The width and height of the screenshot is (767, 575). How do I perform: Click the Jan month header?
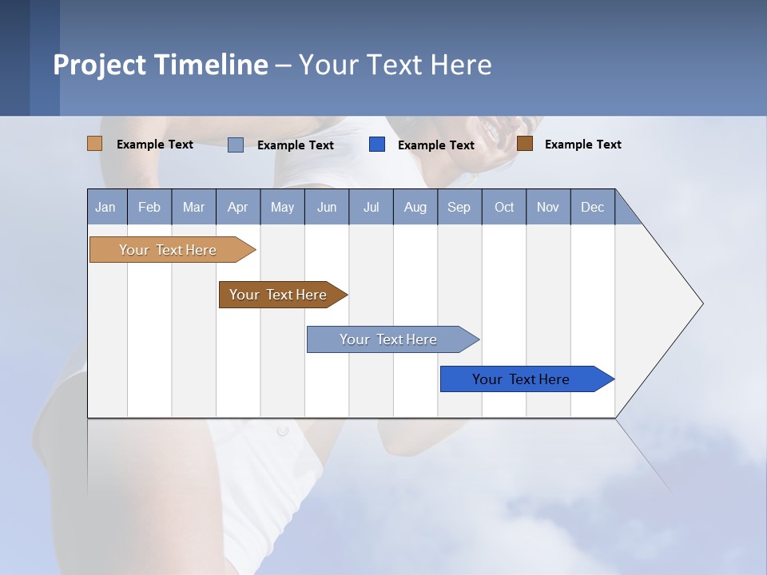pyautogui.click(x=105, y=207)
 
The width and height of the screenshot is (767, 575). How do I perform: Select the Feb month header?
pyautogui.click(x=149, y=207)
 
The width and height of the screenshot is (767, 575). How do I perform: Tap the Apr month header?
pyautogui.click(x=237, y=207)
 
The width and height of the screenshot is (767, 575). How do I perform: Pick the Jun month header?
pyautogui.click(x=327, y=207)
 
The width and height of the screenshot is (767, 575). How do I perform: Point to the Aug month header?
pyautogui.click(x=415, y=207)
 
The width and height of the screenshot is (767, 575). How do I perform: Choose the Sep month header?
pyautogui.click(x=459, y=207)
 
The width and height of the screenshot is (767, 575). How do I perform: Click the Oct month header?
pyautogui.click(x=504, y=207)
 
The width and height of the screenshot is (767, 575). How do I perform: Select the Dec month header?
pyautogui.click(x=592, y=207)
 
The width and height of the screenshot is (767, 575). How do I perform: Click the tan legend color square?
pyautogui.click(x=94, y=144)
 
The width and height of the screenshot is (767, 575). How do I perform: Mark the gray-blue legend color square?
pyautogui.click(x=236, y=145)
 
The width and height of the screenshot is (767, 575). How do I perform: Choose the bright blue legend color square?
pyautogui.click(x=377, y=145)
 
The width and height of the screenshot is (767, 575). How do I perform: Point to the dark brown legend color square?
pyautogui.click(x=525, y=144)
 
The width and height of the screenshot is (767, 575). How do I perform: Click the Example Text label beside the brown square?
pyautogui.click(x=582, y=145)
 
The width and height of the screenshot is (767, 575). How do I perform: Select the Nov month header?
pyautogui.click(x=548, y=207)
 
